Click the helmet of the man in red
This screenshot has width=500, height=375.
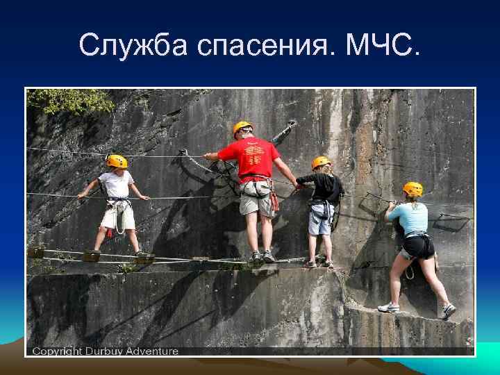[x=242, y=127]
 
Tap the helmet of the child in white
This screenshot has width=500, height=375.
[x=117, y=161]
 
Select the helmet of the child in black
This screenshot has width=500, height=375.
[x=320, y=162]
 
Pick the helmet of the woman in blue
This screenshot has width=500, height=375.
[x=412, y=188]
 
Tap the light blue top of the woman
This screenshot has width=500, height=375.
[x=410, y=218]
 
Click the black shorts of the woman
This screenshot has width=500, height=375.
[x=418, y=246]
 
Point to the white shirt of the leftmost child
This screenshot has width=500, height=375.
[x=115, y=185]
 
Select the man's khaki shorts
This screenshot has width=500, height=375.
[x=257, y=202]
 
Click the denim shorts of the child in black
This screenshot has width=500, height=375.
[x=320, y=222]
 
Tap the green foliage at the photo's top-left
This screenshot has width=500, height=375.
[x=69, y=101]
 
